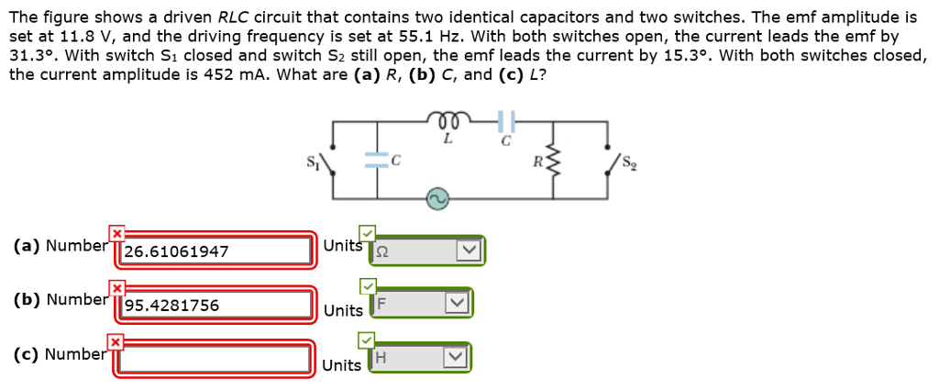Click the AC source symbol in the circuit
click(x=436, y=198)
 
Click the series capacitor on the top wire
click(x=505, y=120)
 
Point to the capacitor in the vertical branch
click(x=377, y=160)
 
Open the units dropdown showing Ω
click(x=426, y=251)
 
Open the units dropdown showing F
click(x=421, y=305)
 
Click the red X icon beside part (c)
click(x=116, y=342)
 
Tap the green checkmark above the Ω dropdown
click(x=366, y=233)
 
